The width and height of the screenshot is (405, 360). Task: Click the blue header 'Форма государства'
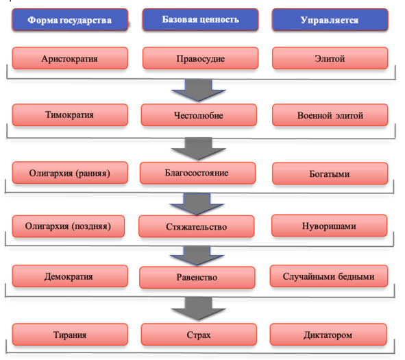pos(70,20)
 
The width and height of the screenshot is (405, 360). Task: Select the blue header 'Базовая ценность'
pos(200,20)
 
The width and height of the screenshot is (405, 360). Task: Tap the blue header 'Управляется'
pos(330,20)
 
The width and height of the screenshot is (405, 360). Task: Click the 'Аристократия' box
pos(70,58)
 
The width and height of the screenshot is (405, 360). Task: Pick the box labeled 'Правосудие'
pos(200,58)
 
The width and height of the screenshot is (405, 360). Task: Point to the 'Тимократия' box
pos(70,115)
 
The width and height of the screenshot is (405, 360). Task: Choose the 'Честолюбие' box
pos(199,115)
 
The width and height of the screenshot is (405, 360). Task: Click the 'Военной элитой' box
pos(330,115)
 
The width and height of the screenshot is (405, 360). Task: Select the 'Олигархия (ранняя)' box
pos(70,173)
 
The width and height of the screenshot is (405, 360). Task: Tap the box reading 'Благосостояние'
pos(197,173)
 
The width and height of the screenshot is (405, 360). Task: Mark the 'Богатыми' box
pos(330,173)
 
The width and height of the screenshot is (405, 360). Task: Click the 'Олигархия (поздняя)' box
pos(69,226)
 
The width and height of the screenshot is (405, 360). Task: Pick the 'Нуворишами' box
pos(330,226)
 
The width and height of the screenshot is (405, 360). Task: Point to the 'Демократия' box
pos(70,276)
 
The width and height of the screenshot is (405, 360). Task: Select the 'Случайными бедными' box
pos(329,276)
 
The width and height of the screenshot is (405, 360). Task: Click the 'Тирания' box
pos(70,335)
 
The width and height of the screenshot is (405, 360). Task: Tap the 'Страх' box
pos(199,335)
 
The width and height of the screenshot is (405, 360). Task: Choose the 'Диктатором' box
pos(328,335)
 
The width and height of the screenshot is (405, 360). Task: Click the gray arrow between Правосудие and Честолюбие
pos(198,91)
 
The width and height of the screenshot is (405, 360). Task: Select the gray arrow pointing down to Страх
pos(198,309)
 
